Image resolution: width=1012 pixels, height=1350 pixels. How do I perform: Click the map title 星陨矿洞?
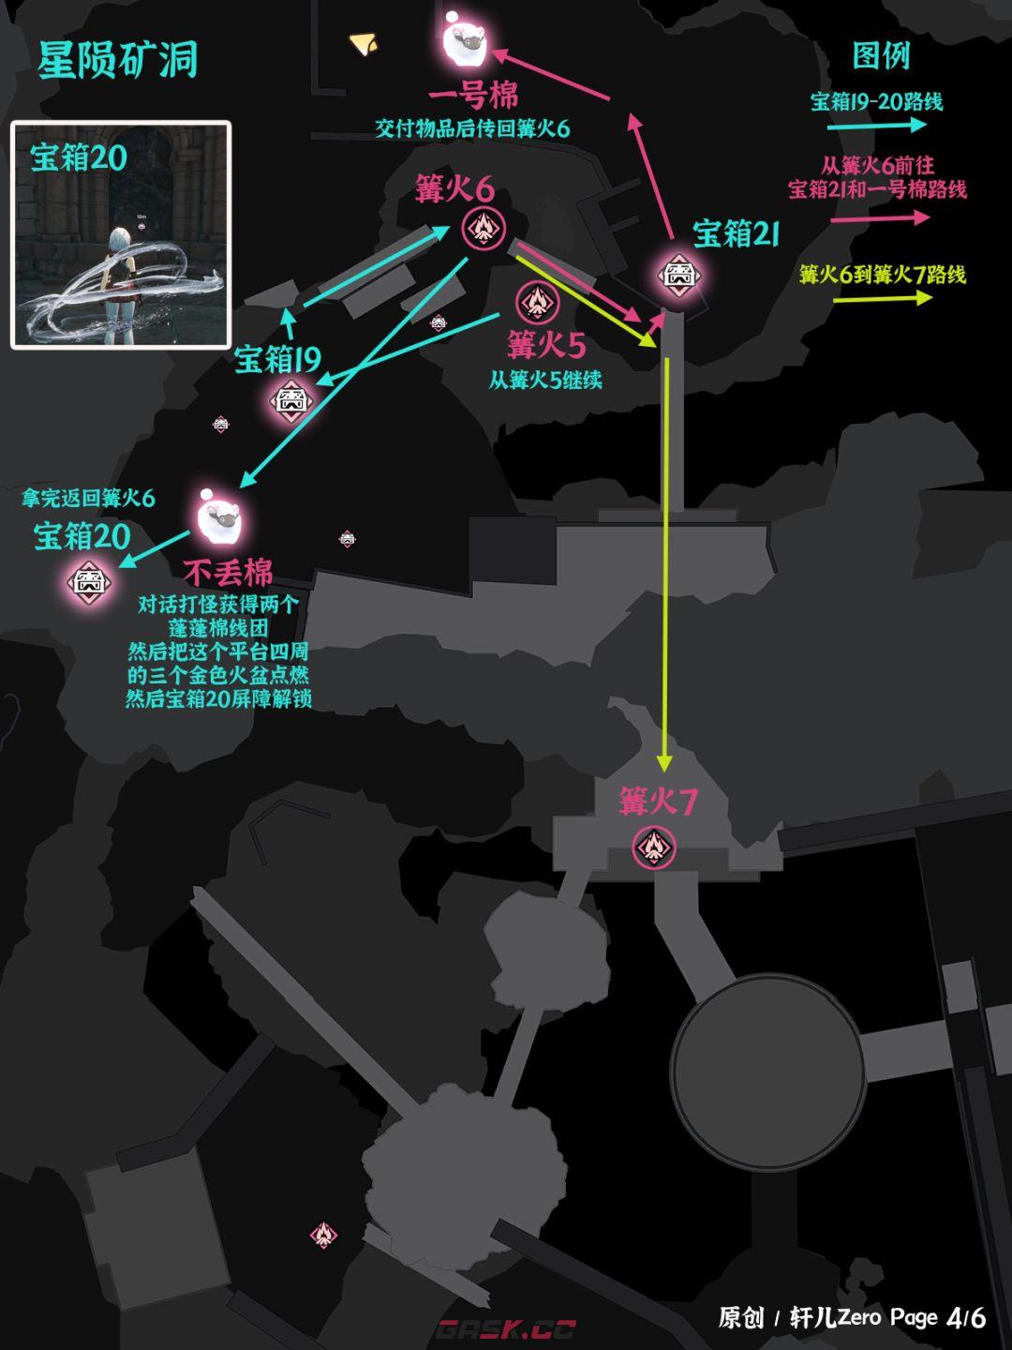[x=117, y=60]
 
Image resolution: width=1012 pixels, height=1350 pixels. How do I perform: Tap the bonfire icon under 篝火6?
[x=484, y=229]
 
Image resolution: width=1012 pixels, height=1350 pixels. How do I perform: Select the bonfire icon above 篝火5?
[x=538, y=303]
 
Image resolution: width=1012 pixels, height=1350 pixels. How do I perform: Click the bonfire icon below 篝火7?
[x=654, y=848]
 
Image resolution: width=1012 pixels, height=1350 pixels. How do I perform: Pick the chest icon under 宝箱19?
[x=291, y=401]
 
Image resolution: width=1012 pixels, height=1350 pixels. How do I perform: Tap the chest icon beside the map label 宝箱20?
[x=89, y=582]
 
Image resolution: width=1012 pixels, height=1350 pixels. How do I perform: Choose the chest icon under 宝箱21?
[x=679, y=275]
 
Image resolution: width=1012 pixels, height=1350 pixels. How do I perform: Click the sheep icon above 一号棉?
[x=465, y=42]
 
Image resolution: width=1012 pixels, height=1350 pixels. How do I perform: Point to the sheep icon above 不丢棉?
[x=218, y=519]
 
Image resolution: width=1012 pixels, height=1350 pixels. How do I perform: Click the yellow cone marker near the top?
[x=364, y=43]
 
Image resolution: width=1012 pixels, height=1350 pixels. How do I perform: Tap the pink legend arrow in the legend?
[x=880, y=217]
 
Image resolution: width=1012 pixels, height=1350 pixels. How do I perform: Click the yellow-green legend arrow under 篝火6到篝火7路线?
[x=883, y=298]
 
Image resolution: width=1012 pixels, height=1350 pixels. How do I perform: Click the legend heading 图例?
[x=881, y=56]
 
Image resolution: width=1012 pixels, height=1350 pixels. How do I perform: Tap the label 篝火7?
[x=658, y=802]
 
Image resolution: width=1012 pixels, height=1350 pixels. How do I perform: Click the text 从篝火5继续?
[x=545, y=380]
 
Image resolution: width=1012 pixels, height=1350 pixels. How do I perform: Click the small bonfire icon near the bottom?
[x=323, y=1233]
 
